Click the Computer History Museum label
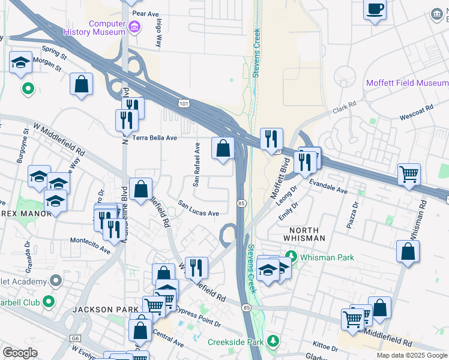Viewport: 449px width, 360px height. [106, 28]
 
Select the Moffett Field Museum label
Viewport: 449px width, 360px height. [407, 83]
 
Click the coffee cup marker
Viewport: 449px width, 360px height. [375, 10]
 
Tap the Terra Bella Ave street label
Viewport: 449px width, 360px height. [155, 137]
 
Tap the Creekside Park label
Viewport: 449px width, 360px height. [236, 342]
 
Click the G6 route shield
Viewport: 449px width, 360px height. [75, 338]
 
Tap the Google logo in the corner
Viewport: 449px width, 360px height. [20, 353]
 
